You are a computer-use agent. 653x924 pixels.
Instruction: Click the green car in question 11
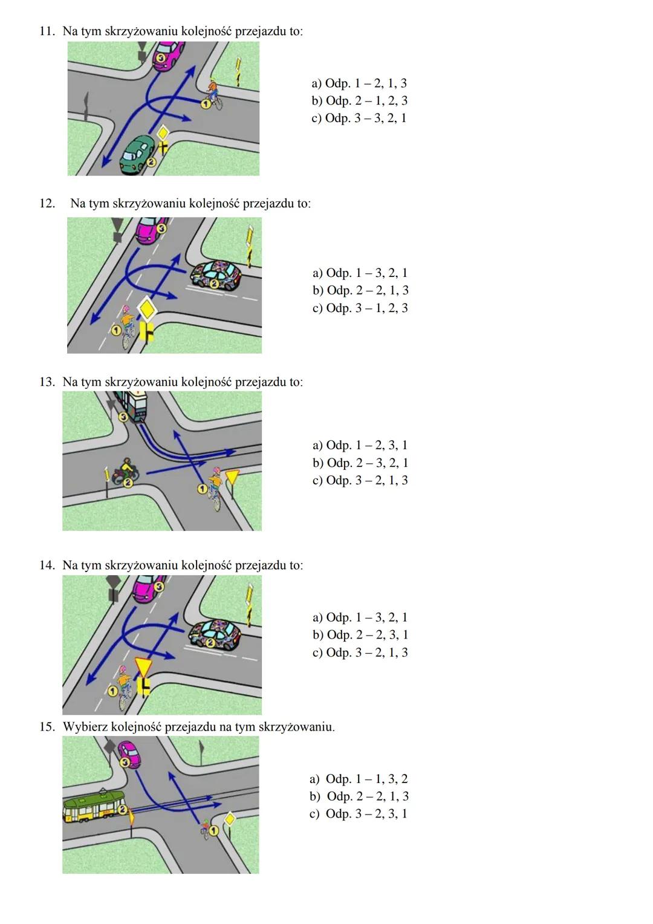point(137,155)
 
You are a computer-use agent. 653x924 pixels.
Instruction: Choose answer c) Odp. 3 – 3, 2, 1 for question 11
point(359,118)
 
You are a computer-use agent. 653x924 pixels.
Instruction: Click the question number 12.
point(47,203)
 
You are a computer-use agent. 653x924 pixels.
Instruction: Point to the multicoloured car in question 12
point(216,277)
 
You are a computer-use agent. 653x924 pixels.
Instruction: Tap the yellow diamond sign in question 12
point(147,308)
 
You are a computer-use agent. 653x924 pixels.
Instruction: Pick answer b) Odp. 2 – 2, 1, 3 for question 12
point(360,291)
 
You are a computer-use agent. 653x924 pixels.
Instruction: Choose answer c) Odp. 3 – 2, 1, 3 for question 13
point(360,481)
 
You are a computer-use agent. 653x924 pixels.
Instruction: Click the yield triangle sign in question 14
point(144,666)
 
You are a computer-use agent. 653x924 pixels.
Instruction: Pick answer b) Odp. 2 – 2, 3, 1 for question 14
point(360,635)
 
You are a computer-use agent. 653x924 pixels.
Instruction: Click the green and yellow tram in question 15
point(94,807)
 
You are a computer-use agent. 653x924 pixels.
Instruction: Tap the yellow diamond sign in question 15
point(229,819)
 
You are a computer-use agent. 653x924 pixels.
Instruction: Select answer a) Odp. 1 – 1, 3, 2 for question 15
point(359,779)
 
